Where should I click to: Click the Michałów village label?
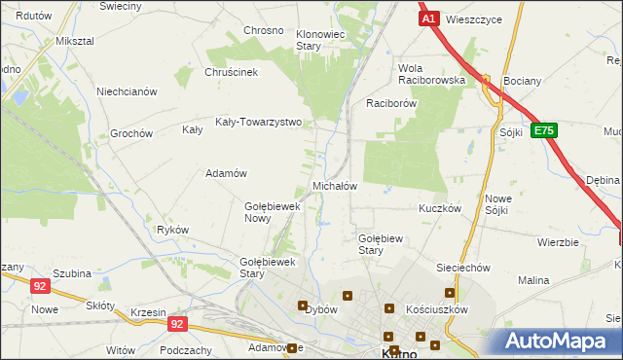tap(335, 185)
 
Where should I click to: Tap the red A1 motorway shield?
tap(429, 18)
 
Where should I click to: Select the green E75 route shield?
tap(544, 129)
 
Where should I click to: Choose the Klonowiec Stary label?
tap(321, 40)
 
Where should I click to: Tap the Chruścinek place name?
tap(231, 72)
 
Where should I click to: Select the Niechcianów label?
tap(127, 92)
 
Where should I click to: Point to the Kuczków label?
tap(439, 209)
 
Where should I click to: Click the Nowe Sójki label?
tap(498, 204)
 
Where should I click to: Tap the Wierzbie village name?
tap(558, 242)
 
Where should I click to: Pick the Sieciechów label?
tap(462, 267)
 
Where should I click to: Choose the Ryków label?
tap(172, 230)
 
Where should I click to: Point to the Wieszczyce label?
tap(476, 18)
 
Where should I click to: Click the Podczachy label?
tap(184, 350)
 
